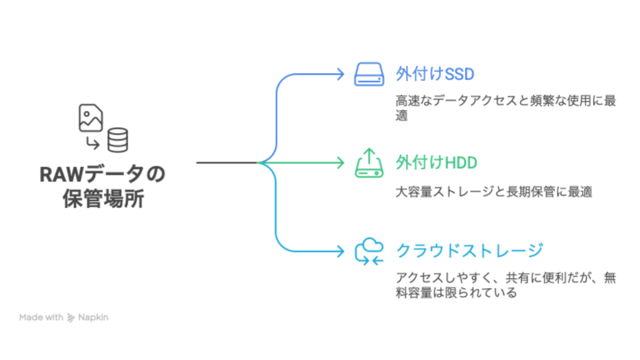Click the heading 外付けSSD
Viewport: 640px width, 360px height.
[435, 74]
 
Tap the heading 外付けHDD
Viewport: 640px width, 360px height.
[436, 163]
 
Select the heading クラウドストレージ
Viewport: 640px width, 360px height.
[469, 250]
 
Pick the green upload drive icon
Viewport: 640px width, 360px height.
[369, 163]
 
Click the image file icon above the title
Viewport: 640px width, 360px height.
[90, 118]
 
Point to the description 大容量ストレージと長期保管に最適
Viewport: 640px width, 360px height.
[494, 191]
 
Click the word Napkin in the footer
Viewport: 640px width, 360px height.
[93, 317]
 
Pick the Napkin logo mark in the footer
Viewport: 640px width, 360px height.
[71, 318]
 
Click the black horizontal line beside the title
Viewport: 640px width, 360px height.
[227, 162]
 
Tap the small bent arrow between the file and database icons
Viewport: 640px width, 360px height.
[93, 142]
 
